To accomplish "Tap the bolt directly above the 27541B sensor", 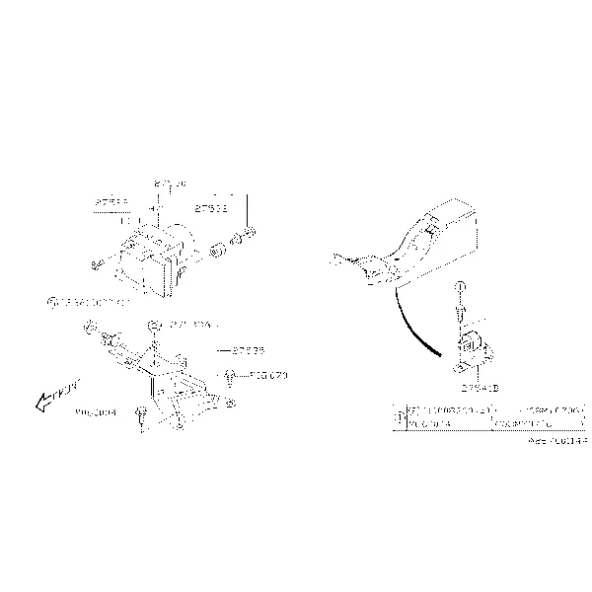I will tap(461, 297).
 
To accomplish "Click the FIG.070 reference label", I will tap(267, 376).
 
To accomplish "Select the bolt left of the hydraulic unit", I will tap(96, 264).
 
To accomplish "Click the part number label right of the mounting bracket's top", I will tap(248, 349).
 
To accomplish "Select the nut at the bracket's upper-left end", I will tap(89, 327).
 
